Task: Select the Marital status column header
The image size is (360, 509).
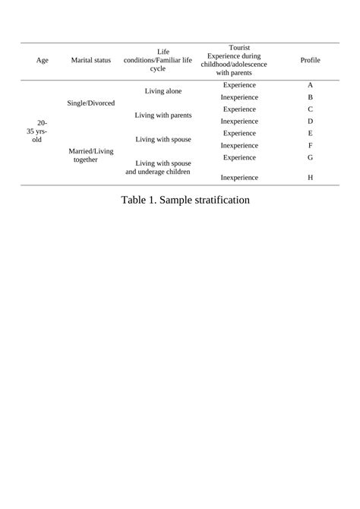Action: (90, 60)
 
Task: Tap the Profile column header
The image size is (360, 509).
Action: (310, 60)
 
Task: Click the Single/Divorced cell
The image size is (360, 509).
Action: (90, 103)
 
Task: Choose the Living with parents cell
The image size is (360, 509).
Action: (163, 115)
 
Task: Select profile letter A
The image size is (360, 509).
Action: (310, 85)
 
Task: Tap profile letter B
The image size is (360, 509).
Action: (310, 98)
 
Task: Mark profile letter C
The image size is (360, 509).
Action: (310, 109)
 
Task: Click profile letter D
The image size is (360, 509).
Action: (310, 122)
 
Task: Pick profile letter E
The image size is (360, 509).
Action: (310, 133)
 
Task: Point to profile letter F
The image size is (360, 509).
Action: (310, 145)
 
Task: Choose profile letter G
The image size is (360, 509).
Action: (310, 157)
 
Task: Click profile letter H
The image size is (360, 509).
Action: (310, 177)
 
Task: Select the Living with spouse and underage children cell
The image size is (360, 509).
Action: (163, 167)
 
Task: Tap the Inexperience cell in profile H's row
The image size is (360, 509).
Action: (239, 177)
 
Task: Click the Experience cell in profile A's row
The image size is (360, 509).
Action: (239, 85)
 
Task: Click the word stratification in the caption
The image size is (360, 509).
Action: (213, 201)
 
